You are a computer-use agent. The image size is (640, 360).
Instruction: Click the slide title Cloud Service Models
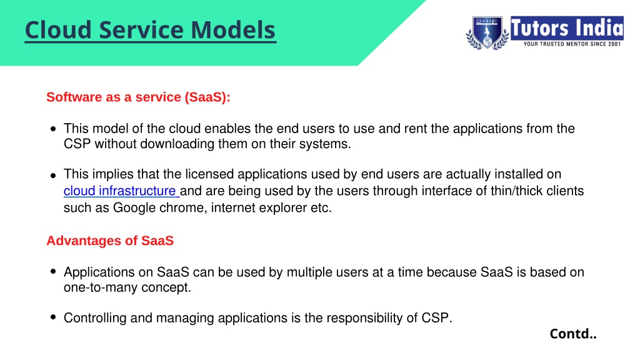[150, 31]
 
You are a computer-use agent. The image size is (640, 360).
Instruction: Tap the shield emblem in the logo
[487, 32]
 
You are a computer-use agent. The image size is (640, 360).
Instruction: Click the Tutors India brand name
[567, 27]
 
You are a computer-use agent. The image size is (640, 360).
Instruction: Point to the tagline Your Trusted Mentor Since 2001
[572, 44]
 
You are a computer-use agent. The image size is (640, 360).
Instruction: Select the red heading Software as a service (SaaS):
[138, 97]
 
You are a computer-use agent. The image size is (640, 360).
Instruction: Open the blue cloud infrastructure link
[121, 191]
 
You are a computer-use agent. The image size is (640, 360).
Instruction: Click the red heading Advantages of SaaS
[110, 241]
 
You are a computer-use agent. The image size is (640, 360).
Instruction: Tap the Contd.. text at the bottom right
[573, 334]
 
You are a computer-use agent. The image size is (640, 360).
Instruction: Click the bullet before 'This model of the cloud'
[53, 129]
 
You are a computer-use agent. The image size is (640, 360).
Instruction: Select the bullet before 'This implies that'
[53, 176]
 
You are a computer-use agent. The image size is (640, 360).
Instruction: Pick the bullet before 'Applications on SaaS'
[53, 271]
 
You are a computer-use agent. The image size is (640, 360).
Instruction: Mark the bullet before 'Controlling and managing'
[53, 317]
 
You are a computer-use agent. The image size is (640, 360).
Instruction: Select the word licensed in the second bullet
[209, 174]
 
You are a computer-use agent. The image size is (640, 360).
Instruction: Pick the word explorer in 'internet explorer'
[283, 207]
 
